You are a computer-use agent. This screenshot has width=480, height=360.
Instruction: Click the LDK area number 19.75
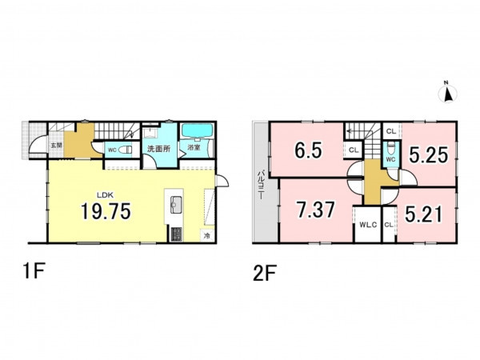[106, 211]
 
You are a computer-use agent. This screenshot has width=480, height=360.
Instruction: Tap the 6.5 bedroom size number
[308, 150]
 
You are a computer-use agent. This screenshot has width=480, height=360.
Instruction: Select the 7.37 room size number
[316, 210]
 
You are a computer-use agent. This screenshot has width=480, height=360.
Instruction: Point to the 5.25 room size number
[429, 155]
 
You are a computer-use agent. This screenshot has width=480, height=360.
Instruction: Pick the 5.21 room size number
[424, 214]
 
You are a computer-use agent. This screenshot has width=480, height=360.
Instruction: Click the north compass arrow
[448, 93]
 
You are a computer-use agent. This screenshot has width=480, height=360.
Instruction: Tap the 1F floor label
[34, 271]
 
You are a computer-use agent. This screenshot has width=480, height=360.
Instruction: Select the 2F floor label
[265, 273]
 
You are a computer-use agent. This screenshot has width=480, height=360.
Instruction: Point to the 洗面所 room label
[158, 149]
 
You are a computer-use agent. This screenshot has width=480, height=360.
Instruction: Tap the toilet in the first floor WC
[126, 150]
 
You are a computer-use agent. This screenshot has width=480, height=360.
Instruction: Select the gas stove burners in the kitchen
[176, 234]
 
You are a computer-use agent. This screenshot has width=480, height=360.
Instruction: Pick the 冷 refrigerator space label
[207, 236]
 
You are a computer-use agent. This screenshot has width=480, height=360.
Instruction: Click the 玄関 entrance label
[56, 146]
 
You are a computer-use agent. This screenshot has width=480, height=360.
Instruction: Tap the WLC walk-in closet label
[368, 224]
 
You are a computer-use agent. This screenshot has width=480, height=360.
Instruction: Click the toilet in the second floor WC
[391, 148]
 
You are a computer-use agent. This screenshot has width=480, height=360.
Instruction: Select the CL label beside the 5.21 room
[389, 225]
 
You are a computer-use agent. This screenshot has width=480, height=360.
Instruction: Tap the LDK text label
[106, 194]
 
